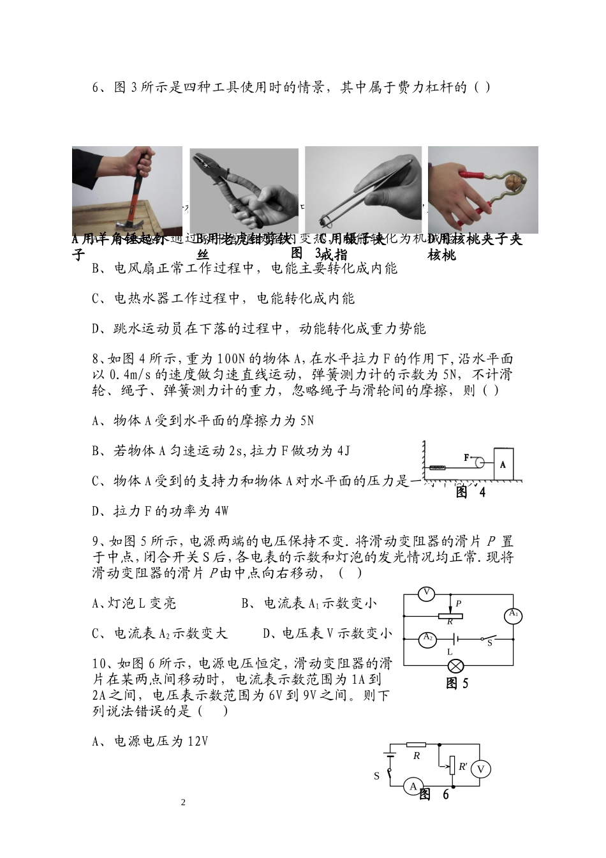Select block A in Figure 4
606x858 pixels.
coord(503,465)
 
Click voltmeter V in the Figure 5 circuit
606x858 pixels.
coord(427,594)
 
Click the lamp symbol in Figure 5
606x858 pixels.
coord(455,666)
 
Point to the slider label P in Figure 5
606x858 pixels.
coord(458,603)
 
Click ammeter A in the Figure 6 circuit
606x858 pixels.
coord(413,786)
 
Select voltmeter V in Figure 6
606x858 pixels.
coord(481,769)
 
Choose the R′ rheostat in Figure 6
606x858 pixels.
coord(452,765)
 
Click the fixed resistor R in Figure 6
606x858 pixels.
coord(417,744)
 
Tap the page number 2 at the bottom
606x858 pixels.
coord(184,802)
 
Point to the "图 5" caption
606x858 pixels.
coord(457,684)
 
